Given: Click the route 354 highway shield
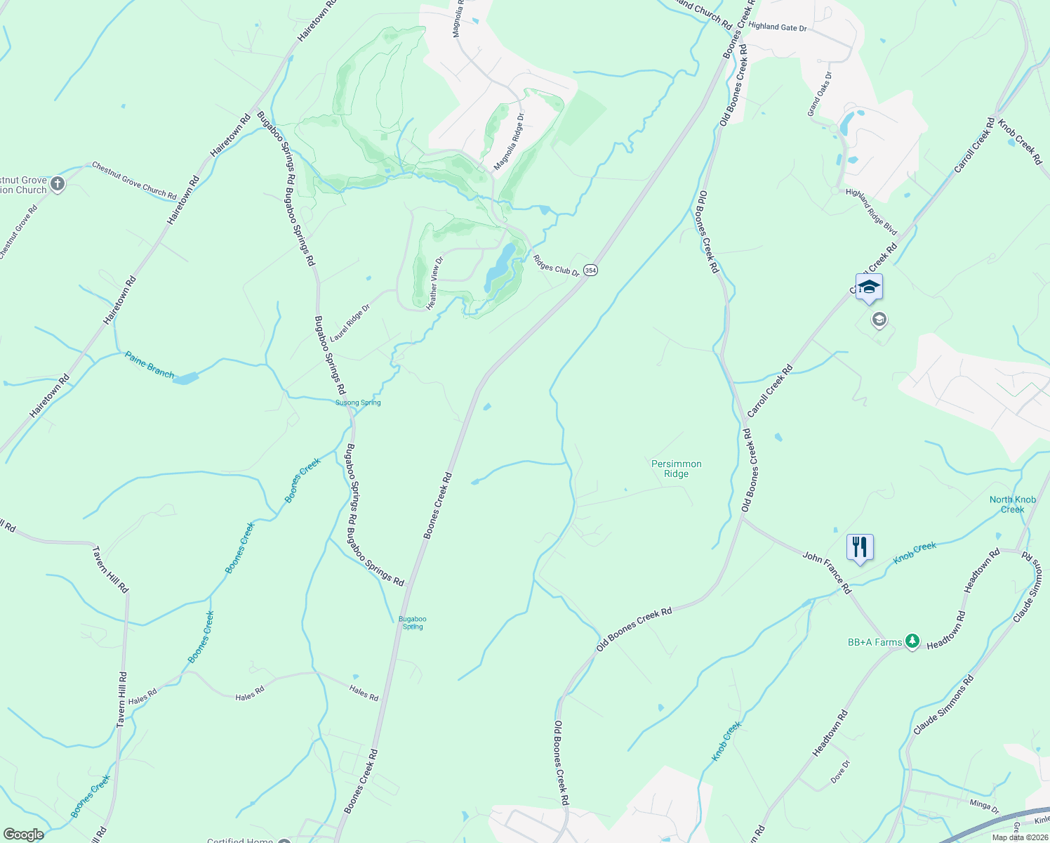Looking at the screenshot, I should pyautogui.click(x=590, y=270).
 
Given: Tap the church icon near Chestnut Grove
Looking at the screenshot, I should pyautogui.click(x=58, y=185).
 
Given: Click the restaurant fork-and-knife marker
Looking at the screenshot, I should pyautogui.click(x=860, y=547).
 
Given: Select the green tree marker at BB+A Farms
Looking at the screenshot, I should pyautogui.click(x=912, y=641).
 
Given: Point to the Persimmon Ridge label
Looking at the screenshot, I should pyautogui.click(x=676, y=469).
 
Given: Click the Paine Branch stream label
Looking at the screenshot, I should pyautogui.click(x=149, y=365).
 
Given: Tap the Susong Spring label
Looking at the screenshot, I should pyautogui.click(x=358, y=403).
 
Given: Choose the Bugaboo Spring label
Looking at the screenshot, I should pyautogui.click(x=412, y=622).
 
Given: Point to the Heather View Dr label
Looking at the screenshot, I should pyautogui.click(x=435, y=283).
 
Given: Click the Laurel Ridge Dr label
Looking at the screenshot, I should pyautogui.click(x=350, y=323).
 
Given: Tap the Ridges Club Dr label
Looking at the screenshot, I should pyautogui.click(x=556, y=264).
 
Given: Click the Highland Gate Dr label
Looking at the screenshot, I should pyautogui.click(x=778, y=27).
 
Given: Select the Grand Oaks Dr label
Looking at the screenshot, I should pyautogui.click(x=818, y=94).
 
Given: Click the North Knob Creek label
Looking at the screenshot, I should pyautogui.click(x=1012, y=504).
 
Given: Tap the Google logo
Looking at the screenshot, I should pyautogui.click(x=23, y=835).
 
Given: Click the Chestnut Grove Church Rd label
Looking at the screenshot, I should pyautogui.click(x=134, y=179).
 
